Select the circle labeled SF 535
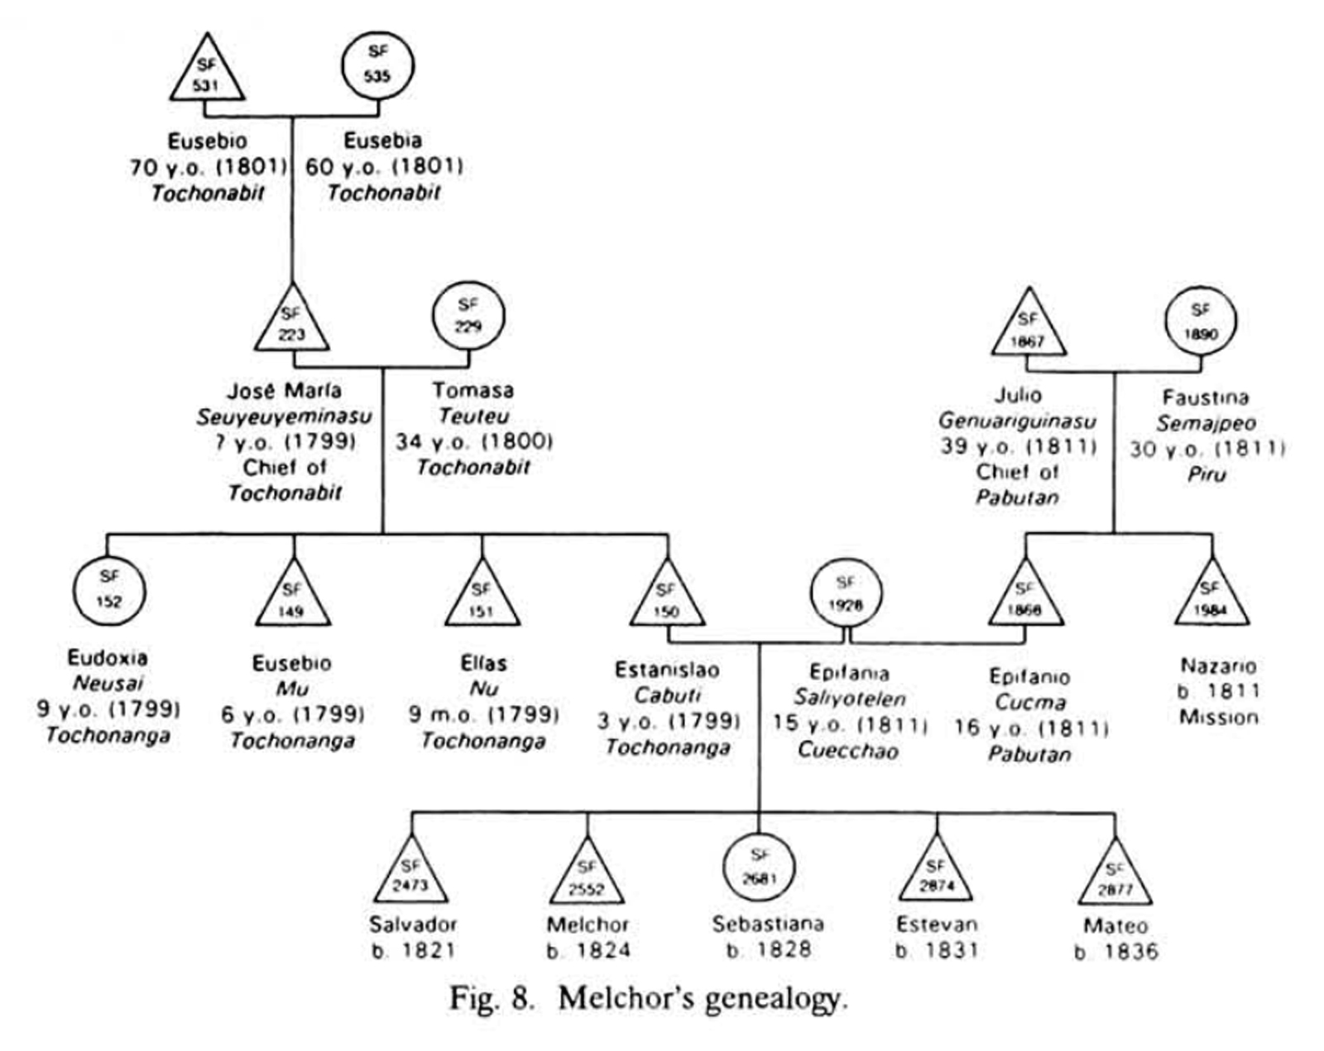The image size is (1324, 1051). (377, 65)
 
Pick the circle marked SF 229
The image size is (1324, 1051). (468, 315)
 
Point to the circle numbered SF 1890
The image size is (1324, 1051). (1200, 321)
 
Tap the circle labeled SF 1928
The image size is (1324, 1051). (845, 593)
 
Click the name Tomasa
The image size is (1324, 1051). (473, 390)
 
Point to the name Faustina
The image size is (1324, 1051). (1204, 397)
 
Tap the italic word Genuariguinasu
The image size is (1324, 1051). (1017, 421)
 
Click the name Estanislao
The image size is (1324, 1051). (667, 669)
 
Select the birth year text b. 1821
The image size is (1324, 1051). (413, 950)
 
